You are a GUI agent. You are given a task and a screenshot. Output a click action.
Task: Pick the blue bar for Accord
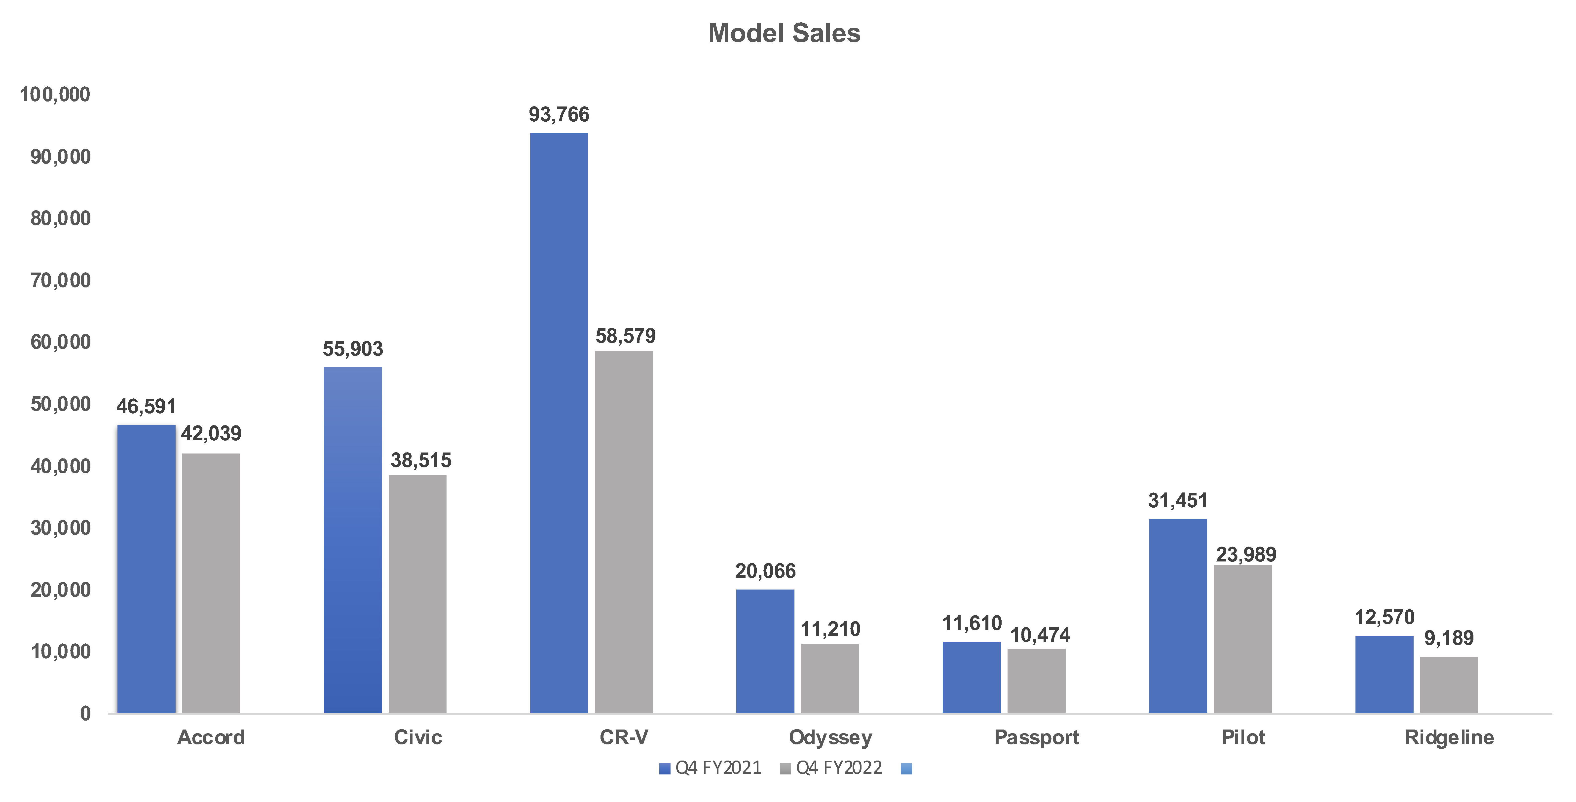[146, 568]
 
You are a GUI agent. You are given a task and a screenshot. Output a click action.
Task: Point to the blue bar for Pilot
[1178, 616]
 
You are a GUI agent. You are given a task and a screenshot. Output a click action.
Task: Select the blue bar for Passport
[972, 677]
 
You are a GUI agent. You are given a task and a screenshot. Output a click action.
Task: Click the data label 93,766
[559, 114]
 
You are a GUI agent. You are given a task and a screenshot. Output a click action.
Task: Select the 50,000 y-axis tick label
[61, 404]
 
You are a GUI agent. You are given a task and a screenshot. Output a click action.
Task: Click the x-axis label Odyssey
[830, 737]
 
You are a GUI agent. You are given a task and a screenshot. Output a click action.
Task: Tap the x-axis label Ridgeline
[1449, 737]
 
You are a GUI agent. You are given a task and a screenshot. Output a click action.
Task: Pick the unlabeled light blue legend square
[907, 768]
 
